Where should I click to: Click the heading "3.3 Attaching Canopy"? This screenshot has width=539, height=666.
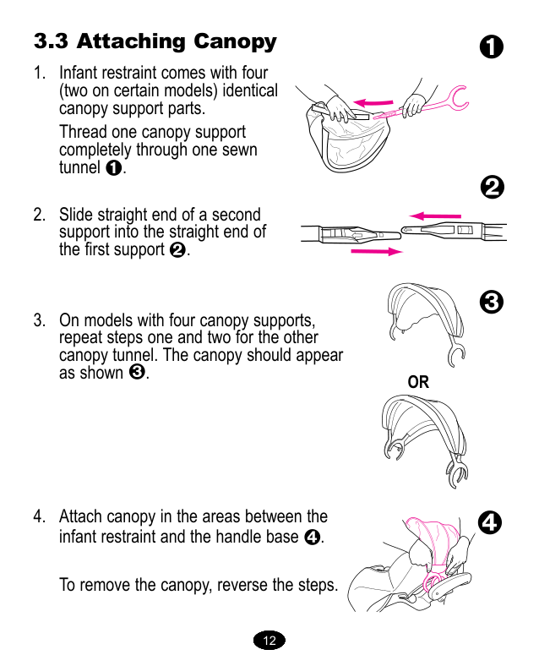click(155, 41)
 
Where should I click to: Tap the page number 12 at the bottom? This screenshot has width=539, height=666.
click(269, 641)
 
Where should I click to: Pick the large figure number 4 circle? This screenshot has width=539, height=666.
click(490, 523)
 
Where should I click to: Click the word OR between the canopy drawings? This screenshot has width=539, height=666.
click(418, 383)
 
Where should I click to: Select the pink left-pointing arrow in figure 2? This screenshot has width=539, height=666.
click(435, 215)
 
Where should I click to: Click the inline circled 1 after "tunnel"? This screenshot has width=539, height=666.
click(114, 168)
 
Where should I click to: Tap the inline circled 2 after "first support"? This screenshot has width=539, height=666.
click(177, 250)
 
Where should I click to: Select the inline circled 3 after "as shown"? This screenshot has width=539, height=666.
click(137, 373)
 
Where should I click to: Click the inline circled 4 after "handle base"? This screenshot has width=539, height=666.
click(311, 537)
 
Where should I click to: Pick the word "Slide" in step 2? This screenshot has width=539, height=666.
click(75, 215)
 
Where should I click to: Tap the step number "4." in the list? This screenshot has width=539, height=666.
click(39, 516)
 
